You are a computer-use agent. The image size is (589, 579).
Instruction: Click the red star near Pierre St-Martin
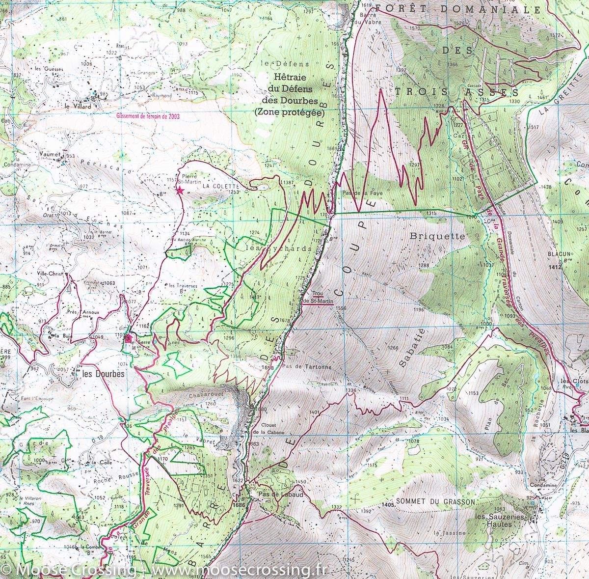(x=180, y=191)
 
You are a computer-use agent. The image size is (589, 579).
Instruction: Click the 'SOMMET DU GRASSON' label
(x=435, y=502)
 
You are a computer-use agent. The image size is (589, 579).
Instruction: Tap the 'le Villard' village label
(x=75, y=105)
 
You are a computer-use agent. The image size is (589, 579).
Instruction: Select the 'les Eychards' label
(x=278, y=248)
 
